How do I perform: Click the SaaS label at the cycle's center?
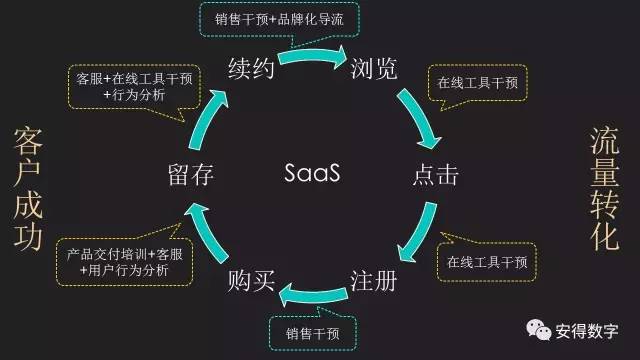coord(312,174)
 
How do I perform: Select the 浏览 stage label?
coord(373,68)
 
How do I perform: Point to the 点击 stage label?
coord(435,175)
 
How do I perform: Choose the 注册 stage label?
coord(372,281)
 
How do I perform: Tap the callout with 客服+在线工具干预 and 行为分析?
coord(134,86)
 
